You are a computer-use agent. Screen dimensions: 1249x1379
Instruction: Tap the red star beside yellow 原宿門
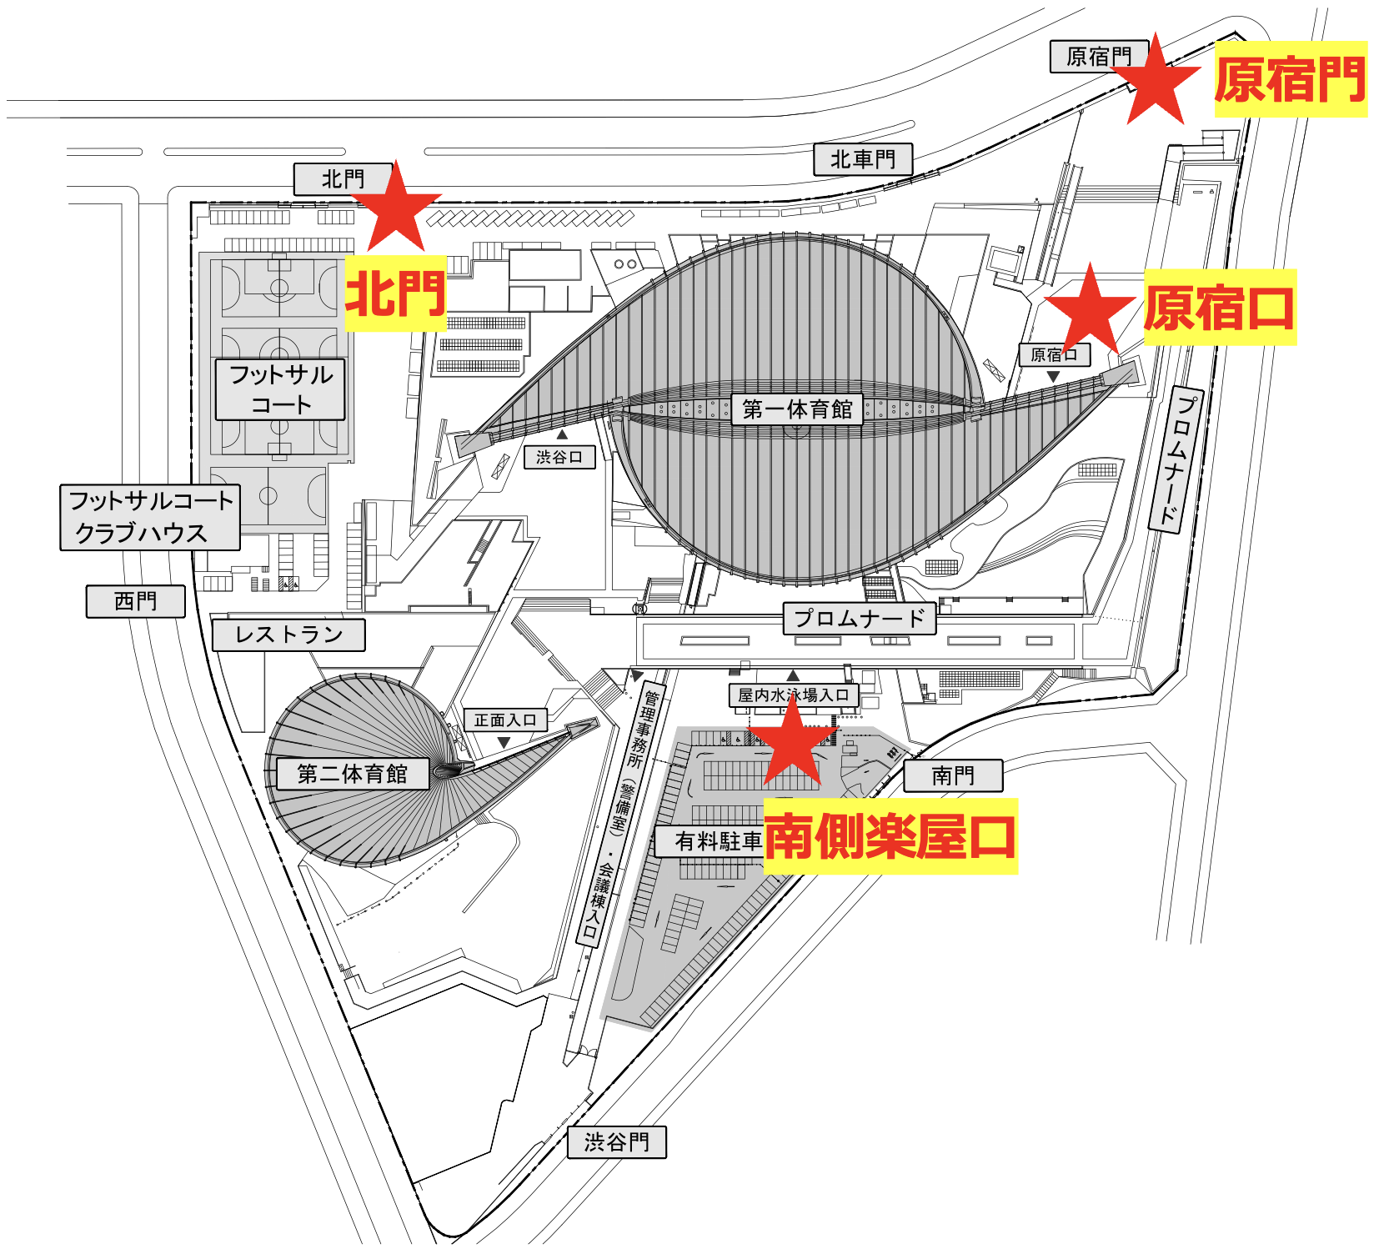tap(1156, 82)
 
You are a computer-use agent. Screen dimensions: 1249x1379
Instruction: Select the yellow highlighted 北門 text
tap(395, 293)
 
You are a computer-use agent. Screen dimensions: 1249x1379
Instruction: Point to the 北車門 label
tap(863, 159)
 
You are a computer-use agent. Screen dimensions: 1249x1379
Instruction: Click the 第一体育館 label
tap(797, 409)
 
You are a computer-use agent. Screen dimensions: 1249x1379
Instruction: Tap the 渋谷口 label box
tap(559, 457)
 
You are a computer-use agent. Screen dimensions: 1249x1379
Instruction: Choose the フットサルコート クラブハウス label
tap(150, 517)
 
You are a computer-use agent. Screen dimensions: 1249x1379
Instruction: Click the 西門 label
tap(135, 601)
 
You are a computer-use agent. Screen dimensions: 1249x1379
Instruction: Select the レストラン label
tap(288, 635)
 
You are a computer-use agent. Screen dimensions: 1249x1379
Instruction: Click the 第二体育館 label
tap(352, 774)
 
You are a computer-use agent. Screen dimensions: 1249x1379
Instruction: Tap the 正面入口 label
tap(505, 720)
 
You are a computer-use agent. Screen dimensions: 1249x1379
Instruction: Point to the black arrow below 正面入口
tap(504, 742)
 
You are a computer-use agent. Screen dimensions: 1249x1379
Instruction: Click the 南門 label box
tap(953, 775)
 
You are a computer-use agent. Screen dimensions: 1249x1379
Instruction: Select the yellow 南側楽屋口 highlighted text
tap(890, 836)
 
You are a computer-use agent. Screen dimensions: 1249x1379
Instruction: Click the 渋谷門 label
tap(616, 1142)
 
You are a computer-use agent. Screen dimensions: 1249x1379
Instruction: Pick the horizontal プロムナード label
tap(860, 619)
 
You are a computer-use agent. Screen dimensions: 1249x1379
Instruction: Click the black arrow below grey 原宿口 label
tap(1054, 377)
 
